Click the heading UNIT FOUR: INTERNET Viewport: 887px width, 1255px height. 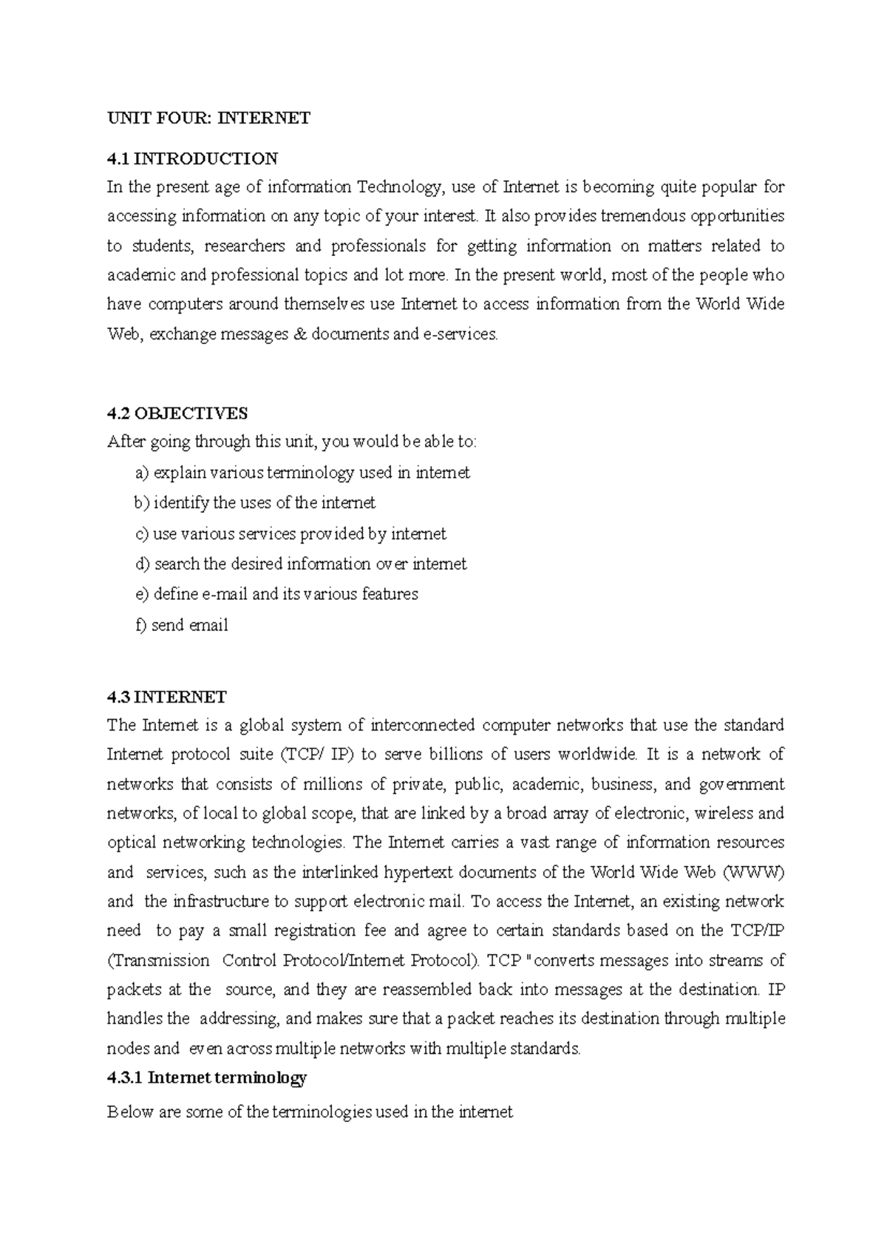click(208, 118)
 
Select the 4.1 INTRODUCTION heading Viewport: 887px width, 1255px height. click(192, 158)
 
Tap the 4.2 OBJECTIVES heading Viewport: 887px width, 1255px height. click(177, 412)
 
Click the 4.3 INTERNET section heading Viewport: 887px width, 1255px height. click(166, 697)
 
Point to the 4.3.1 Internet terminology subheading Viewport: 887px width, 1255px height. click(206, 1078)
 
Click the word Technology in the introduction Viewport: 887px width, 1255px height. click(401, 187)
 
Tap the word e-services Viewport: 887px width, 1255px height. click(459, 334)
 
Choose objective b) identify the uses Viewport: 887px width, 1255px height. click(254, 503)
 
